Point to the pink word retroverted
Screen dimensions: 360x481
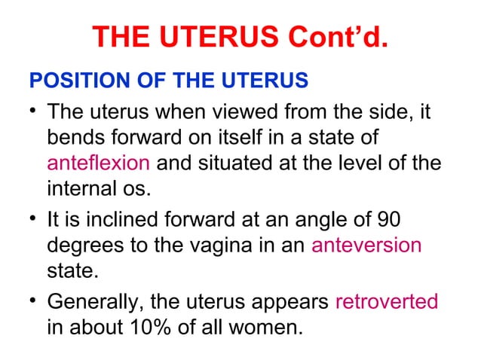385,301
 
